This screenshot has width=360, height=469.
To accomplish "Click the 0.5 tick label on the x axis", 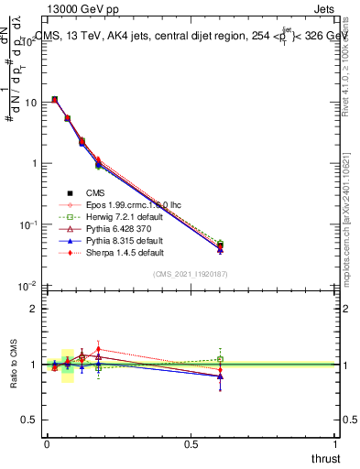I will [x=191, y=443].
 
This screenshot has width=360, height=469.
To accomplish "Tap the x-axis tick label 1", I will [x=335, y=443].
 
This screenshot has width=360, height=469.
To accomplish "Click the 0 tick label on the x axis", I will [x=47, y=443].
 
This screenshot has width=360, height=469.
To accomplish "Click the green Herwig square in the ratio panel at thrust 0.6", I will [x=220, y=359].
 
